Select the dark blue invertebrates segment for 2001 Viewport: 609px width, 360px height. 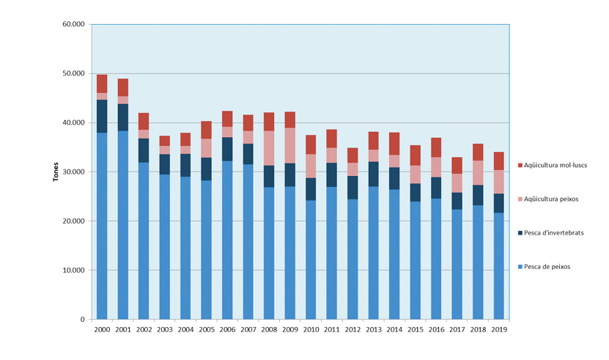pyautogui.click(x=122, y=117)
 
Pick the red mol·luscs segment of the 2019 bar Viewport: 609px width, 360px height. pyautogui.click(x=499, y=161)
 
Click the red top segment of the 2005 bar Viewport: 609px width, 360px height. pyautogui.click(x=207, y=130)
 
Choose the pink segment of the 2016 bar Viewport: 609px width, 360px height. pyautogui.click(x=437, y=167)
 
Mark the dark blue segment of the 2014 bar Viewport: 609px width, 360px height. pyautogui.click(x=395, y=178)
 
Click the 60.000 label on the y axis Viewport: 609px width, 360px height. pyautogui.click(x=74, y=24)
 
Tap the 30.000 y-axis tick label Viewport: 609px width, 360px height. pyautogui.click(x=74, y=172)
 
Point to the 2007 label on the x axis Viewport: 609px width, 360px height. pyautogui.click(x=248, y=330)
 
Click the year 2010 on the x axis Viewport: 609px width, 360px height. pyautogui.click(x=311, y=330)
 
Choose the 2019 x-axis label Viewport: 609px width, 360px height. pyautogui.click(x=499, y=330)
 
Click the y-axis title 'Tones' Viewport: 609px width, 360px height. pyautogui.click(x=56, y=172)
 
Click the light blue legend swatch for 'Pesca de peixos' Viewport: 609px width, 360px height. pyautogui.click(x=519, y=266)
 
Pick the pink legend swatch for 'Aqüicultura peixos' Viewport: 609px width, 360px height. pyautogui.click(x=519, y=199)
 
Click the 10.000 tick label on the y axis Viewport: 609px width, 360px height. pyautogui.click(x=74, y=270)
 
